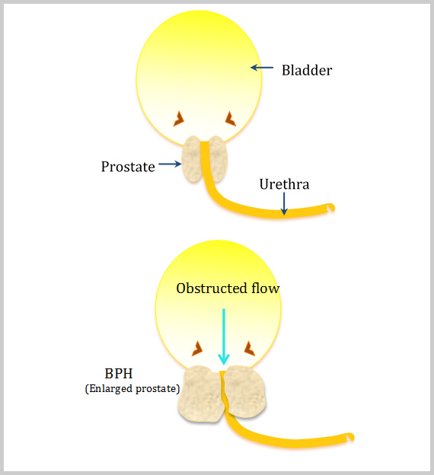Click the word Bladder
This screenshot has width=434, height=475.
click(x=307, y=70)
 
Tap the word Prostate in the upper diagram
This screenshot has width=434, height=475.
click(x=128, y=167)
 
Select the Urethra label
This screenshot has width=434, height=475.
click(x=284, y=184)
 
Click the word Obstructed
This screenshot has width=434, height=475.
click(x=212, y=288)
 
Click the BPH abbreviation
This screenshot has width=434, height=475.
click(x=119, y=374)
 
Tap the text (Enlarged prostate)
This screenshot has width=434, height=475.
click(x=132, y=389)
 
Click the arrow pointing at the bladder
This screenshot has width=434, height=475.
click(x=262, y=68)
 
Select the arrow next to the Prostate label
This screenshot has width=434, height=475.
click(x=170, y=164)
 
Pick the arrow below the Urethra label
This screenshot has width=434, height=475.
click(x=284, y=203)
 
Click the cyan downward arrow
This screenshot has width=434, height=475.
click(x=224, y=336)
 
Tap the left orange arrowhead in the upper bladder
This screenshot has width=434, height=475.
click(x=179, y=119)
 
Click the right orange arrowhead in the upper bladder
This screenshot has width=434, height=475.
click(x=231, y=119)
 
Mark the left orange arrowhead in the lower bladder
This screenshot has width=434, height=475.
click(x=198, y=349)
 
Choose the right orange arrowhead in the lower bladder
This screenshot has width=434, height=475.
click(x=250, y=349)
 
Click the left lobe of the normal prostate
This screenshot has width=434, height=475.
click(x=192, y=159)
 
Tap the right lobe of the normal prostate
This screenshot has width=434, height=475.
click(x=218, y=159)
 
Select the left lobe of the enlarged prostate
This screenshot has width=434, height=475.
click(x=201, y=394)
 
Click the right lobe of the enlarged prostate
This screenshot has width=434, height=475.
click(x=245, y=392)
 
